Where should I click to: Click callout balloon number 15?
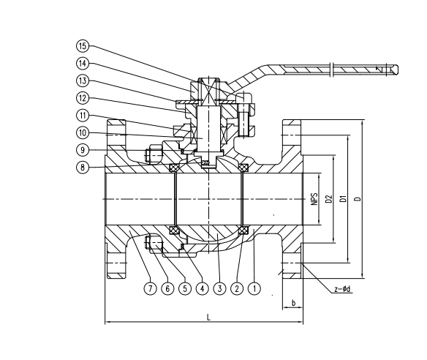pos(83,46)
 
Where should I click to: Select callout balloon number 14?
pos(83,63)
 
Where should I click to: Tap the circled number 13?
pos(83,80)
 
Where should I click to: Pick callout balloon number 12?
pos(83,98)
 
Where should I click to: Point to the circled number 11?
pos(83,116)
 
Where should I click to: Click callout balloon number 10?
pos(83,132)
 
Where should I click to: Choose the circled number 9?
pos(83,150)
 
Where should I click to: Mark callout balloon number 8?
pos(83,167)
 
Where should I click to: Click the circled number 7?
pos(150,288)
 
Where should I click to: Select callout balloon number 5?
pos(185,288)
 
